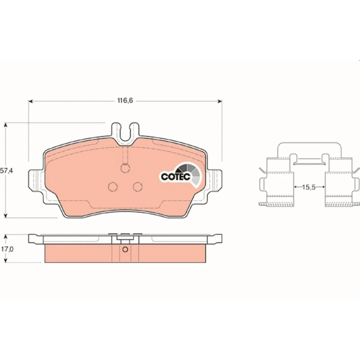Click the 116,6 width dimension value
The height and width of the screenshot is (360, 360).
tap(125, 100)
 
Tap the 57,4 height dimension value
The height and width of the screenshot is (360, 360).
tap(7, 171)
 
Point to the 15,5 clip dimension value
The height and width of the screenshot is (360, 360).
tap(309, 187)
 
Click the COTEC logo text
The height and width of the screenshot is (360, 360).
tap(176, 176)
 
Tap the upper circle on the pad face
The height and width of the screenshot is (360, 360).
tap(125, 168)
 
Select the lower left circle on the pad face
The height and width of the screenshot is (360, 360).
tap(113, 186)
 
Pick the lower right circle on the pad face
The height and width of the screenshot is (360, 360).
tap(138, 186)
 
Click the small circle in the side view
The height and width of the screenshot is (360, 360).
tap(125, 249)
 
